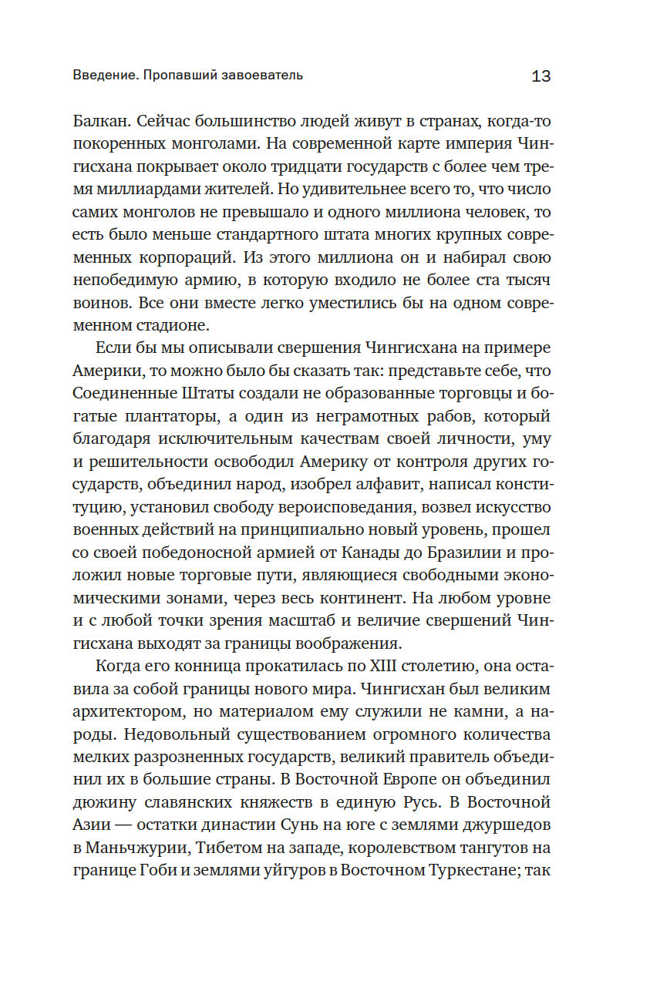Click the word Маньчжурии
click(134, 845)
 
